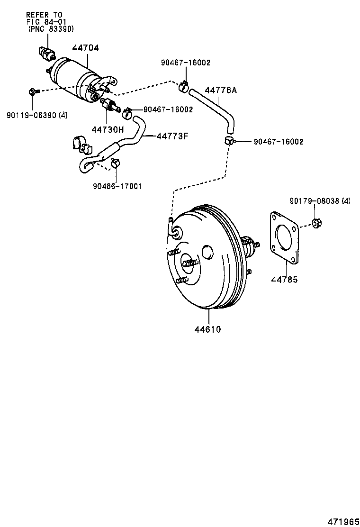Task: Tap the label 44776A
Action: point(220,90)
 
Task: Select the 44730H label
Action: point(108,129)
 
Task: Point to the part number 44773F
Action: point(172,136)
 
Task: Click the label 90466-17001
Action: point(117,186)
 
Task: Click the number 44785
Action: point(284,280)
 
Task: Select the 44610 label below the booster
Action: point(207,328)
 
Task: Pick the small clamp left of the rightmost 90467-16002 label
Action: point(229,140)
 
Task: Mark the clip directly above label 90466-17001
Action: point(115,164)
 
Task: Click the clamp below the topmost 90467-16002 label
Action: point(184,87)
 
